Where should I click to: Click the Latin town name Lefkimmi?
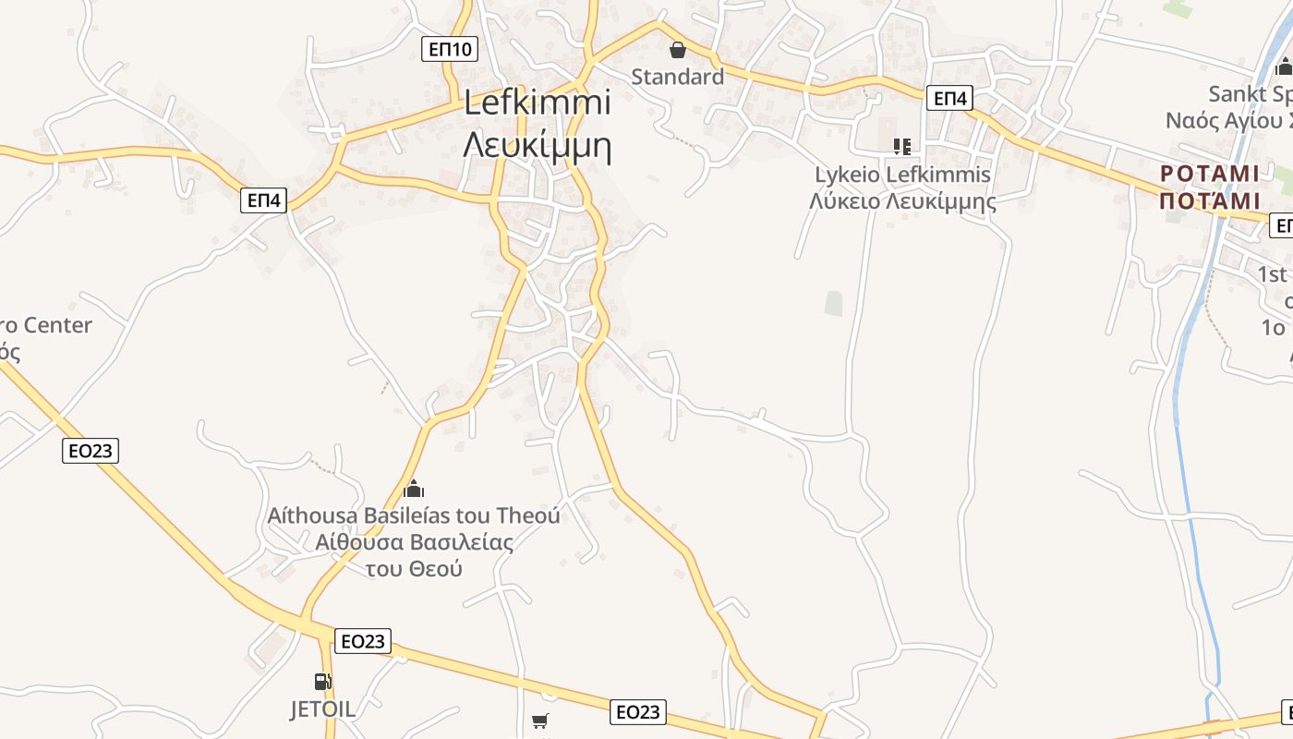(x=537, y=103)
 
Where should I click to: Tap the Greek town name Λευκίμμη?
(x=537, y=146)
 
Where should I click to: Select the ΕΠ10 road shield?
(x=451, y=49)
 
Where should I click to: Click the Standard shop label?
(x=677, y=77)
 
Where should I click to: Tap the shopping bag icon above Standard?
(x=677, y=50)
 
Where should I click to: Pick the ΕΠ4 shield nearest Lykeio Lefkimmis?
(x=949, y=98)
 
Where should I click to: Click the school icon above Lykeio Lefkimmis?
(x=901, y=146)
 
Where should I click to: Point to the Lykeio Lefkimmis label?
(x=902, y=175)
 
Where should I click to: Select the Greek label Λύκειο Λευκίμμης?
(x=902, y=200)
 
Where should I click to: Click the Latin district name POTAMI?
(x=1210, y=175)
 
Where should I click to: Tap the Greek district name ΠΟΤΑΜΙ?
(x=1210, y=201)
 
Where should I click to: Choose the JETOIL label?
(x=322, y=709)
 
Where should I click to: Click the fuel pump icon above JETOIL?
(x=322, y=682)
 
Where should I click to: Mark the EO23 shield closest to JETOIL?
(x=362, y=641)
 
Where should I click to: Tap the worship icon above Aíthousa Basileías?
(x=414, y=488)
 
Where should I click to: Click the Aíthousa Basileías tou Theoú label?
(x=414, y=515)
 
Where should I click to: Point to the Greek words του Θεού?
(x=414, y=568)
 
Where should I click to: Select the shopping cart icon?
(x=540, y=721)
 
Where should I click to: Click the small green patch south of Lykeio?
(x=834, y=303)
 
